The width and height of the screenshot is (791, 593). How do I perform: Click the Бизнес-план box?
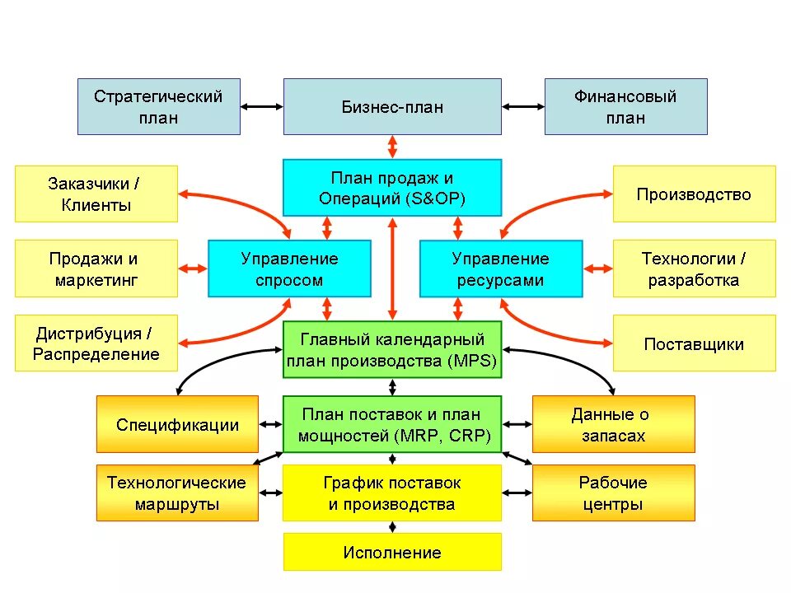tap(392, 106)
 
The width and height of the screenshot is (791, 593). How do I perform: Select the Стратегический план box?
tap(159, 106)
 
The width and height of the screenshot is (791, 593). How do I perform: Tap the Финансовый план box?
tap(625, 106)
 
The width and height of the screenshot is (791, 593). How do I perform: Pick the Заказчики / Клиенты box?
tap(96, 194)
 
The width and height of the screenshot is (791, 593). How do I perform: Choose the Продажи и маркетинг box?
tap(96, 268)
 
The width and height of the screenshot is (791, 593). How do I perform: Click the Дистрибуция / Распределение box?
tap(96, 343)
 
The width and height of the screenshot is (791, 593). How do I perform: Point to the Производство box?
tap(694, 194)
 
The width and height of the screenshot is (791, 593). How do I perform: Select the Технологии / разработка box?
tap(694, 268)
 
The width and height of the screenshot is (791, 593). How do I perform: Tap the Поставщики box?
tap(694, 343)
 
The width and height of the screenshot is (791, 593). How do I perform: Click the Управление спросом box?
tap(289, 268)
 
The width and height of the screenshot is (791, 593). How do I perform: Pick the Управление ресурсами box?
tap(500, 268)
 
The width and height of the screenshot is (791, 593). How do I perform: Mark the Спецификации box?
tap(177, 424)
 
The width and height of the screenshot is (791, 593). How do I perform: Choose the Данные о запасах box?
tap(613, 424)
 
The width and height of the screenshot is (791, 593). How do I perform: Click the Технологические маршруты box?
tap(177, 493)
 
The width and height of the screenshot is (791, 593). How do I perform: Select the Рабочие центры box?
tap(613, 493)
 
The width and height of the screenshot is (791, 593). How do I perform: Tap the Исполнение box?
tap(392, 552)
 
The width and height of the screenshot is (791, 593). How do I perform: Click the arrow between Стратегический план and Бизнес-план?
tap(262, 106)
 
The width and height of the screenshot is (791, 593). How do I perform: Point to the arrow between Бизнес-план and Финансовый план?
tap(522, 106)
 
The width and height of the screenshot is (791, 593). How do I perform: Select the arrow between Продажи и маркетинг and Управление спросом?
tap(193, 268)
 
